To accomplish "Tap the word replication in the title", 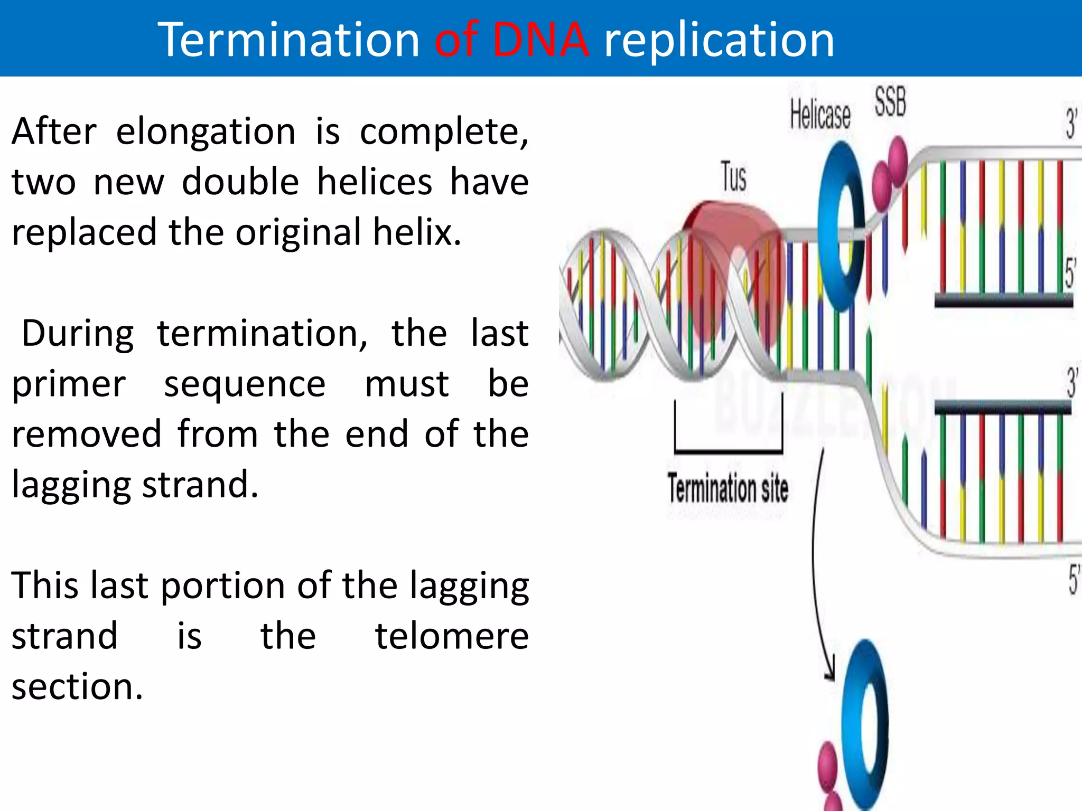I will point(719,41).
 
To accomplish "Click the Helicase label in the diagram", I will point(820,116).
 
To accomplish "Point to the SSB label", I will point(890,102).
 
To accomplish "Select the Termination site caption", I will point(727,488).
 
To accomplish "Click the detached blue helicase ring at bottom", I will point(865,723).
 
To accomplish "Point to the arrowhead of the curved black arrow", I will point(831,673).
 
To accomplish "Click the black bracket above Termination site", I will point(728,450).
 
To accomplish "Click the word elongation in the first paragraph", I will point(206,132).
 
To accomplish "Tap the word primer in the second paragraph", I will point(69,384).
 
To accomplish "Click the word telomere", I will point(452,637).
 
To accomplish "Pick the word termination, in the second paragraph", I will point(263,334).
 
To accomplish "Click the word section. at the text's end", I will point(77,687).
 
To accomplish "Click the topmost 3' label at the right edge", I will point(1071,124).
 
